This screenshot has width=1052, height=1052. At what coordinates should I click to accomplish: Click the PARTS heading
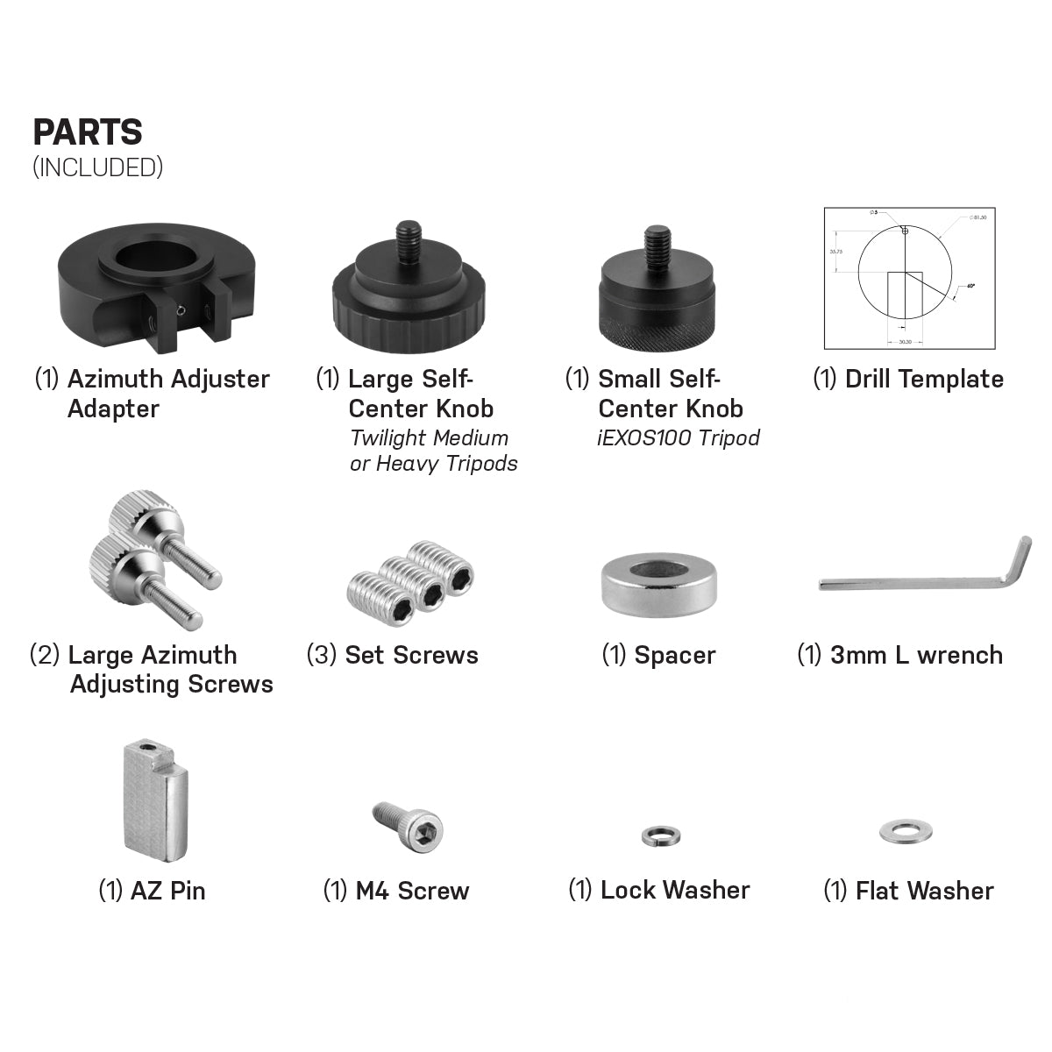pos(88,132)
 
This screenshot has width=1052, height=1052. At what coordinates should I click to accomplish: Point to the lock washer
pos(660,835)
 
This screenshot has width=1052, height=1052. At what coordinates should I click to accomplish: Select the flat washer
pos(906,829)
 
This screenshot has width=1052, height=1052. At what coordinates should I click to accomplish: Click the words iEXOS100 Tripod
pos(678,437)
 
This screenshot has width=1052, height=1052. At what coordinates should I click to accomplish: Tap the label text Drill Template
pos(924,380)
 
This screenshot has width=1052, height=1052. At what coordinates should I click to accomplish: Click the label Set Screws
pos(411,655)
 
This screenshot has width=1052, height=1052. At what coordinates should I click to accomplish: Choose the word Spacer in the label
pos(674,655)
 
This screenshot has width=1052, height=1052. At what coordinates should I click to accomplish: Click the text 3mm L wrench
pos(916,655)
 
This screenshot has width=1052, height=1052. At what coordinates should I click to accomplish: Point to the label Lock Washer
pos(675,890)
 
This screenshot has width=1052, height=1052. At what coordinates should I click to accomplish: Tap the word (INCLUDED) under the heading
pos(97,167)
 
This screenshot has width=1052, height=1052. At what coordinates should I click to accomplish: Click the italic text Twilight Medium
pos(429,437)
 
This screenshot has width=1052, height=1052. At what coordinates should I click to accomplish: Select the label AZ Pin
pos(167,891)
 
